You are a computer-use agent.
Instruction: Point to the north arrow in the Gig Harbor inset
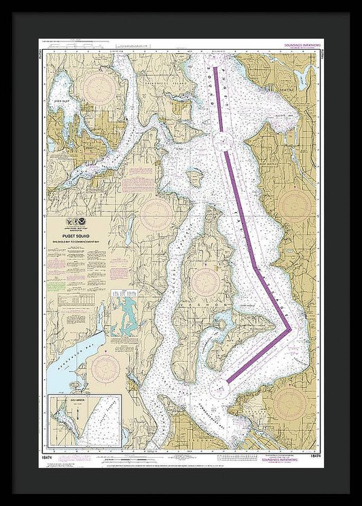coord(75,411)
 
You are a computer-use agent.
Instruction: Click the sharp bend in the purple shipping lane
coord(291,331)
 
